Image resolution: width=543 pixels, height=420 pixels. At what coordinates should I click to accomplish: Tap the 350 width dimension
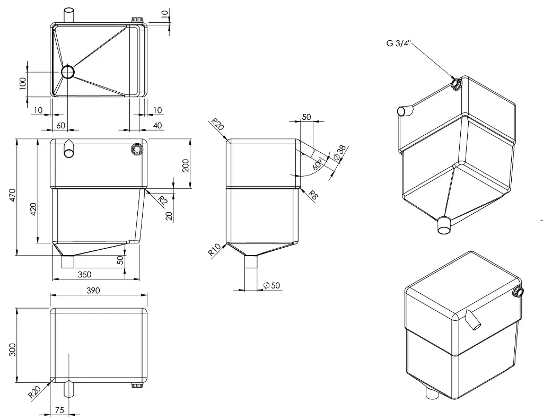85,274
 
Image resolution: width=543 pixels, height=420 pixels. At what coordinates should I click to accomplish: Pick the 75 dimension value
59,410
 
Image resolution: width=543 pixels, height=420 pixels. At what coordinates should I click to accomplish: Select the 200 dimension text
185,165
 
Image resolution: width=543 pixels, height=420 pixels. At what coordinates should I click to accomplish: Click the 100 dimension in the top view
23,83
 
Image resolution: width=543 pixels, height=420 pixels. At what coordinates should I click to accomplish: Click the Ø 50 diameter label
271,285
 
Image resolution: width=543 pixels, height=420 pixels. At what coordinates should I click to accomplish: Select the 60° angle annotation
318,164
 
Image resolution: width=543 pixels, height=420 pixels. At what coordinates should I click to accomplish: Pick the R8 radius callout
313,195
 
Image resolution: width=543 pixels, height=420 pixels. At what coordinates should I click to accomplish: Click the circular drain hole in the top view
68,72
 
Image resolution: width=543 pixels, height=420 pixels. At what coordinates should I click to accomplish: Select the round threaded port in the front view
137,149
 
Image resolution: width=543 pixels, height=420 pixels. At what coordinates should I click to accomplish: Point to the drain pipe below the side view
250,270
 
